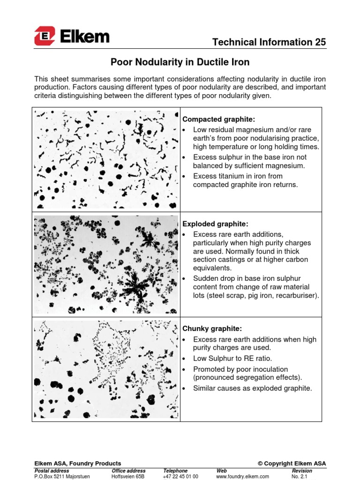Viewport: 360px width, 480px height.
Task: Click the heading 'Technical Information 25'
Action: pyautogui.click(x=269, y=42)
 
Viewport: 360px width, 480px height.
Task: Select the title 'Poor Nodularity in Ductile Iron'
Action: pyautogui.click(x=180, y=62)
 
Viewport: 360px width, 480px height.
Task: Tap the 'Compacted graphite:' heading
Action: pyautogui.click(x=212, y=120)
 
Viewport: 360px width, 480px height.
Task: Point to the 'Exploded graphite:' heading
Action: pyautogui.click(x=209, y=224)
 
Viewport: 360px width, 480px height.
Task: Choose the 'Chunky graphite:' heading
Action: pyautogui.click(x=207, y=329)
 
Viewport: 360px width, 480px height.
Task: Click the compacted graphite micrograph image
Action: pyautogui.click(x=106, y=159)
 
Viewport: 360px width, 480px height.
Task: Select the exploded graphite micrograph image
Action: pyautogui.click(x=106, y=264)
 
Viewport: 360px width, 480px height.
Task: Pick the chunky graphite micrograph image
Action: pyautogui.click(x=106, y=369)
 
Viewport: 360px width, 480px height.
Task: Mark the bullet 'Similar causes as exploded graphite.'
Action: pyautogui.click(x=252, y=388)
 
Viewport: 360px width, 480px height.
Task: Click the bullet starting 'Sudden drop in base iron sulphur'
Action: pyautogui.click(x=255, y=287)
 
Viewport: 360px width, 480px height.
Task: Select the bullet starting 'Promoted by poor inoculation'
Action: pyautogui.click(x=248, y=373)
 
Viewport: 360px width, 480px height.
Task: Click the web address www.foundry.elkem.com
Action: pyautogui.click(x=242, y=476)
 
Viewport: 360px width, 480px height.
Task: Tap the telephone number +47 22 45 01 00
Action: pyautogui.click(x=180, y=476)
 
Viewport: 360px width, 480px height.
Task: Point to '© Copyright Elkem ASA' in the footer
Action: pyautogui.click(x=292, y=464)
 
